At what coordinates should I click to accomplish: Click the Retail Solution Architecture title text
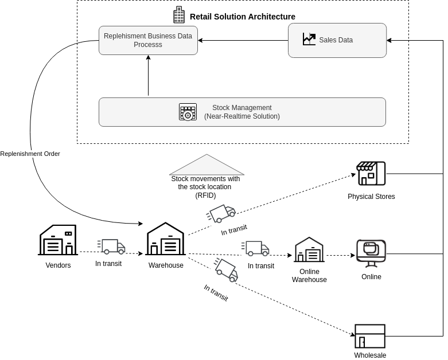coord(242,17)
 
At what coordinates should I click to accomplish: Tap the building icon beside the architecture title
coord(179,15)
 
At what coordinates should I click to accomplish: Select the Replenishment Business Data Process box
coord(148,40)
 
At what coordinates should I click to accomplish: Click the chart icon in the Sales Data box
coord(309,39)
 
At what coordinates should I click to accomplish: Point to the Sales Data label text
coord(336,40)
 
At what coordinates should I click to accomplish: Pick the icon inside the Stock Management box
coord(188,112)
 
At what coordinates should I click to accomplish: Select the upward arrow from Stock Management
coord(148,75)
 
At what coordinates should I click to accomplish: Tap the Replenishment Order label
coord(30,154)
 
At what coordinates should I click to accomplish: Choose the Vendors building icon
coord(58,240)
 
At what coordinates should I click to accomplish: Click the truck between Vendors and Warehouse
coord(112,246)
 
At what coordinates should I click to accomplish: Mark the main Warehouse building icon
coord(165,239)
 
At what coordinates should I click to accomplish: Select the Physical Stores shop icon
coord(371,173)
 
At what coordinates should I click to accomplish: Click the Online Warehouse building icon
coord(309,250)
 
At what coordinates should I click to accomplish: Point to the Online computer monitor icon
coord(371,253)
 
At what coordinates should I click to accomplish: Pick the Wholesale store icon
coord(370,336)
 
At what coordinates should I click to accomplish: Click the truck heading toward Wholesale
coord(227,269)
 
